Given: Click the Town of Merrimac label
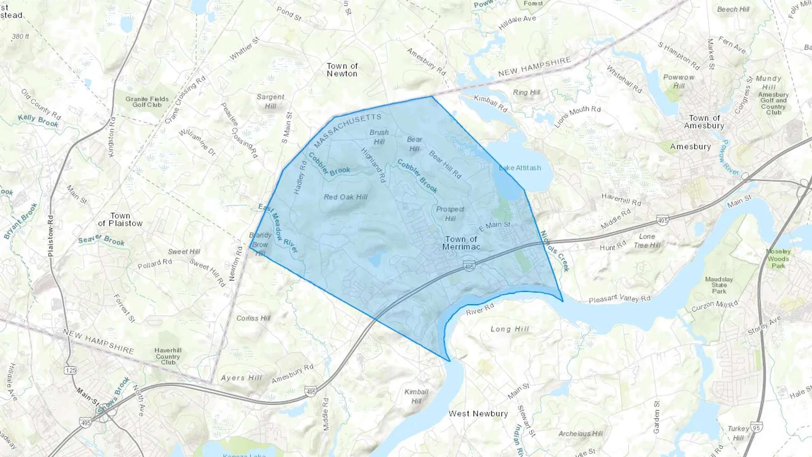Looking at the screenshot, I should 461,243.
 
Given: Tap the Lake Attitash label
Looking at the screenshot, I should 520,168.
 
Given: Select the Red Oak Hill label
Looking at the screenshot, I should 346,197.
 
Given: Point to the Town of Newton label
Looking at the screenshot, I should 342,70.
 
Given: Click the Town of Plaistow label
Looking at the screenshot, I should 120,220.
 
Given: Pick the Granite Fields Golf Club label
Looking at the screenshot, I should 147,102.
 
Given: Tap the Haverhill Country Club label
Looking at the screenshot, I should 168,356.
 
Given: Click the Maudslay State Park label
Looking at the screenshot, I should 719,285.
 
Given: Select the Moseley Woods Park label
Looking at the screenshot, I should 778,259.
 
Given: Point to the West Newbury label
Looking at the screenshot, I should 478,414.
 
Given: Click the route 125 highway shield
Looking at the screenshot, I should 70,370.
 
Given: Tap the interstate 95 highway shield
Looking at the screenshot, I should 757,427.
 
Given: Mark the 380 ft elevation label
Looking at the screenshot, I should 20,37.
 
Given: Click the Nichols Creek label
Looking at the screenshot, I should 555,251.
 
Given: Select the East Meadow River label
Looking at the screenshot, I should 278,228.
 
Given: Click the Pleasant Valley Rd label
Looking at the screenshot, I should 619,299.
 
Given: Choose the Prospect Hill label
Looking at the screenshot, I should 450,214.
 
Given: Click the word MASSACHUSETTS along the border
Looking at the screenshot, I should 347,130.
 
